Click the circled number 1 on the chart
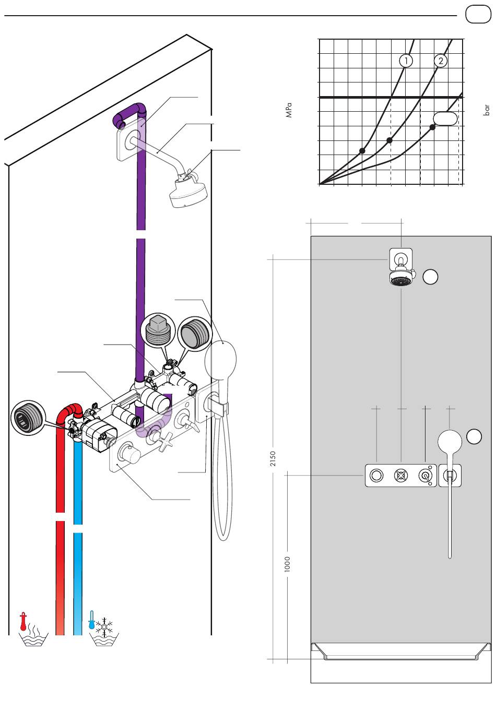(x=406, y=61)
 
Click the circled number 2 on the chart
(x=440, y=61)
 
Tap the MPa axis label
(x=288, y=110)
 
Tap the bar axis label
(x=487, y=110)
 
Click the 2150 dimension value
(x=273, y=458)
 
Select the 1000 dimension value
(x=287, y=564)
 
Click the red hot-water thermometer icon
(x=23, y=621)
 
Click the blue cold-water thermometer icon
(x=91, y=620)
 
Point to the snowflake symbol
(x=104, y=627)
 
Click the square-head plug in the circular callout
(x=159, y=330)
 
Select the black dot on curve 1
(x=362, y=151)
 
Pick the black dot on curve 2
(x=389, y=140)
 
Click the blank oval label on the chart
(x=445, y=119)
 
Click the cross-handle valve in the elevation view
(x=400, y=476)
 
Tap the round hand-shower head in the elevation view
(x=450, y=442)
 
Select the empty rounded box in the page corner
(x=478, y=14)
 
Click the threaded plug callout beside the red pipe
(x=28, y=418)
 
